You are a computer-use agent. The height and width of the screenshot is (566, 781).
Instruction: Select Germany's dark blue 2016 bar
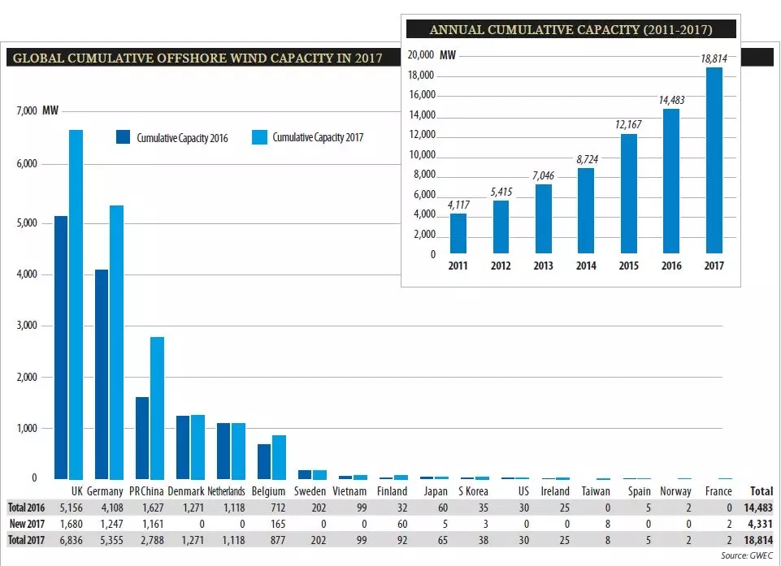tap(102, 374)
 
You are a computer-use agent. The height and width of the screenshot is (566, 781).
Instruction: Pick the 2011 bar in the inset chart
tap(458, 234)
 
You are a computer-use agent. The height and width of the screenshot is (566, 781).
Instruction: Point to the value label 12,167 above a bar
tap(628, 125)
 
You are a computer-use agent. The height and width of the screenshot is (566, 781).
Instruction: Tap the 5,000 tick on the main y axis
tap(28, 223)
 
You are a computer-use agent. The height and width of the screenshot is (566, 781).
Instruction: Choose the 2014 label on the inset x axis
tap(586, 266)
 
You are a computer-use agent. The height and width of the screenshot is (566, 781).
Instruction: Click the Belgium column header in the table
tap(268, 491)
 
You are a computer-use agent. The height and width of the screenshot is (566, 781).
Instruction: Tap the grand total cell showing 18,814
tap(757, 540)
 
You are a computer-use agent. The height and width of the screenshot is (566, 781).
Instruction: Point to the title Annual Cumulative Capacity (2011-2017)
tap(571, 30)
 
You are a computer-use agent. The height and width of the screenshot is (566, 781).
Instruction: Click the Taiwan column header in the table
tap(596, 491)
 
